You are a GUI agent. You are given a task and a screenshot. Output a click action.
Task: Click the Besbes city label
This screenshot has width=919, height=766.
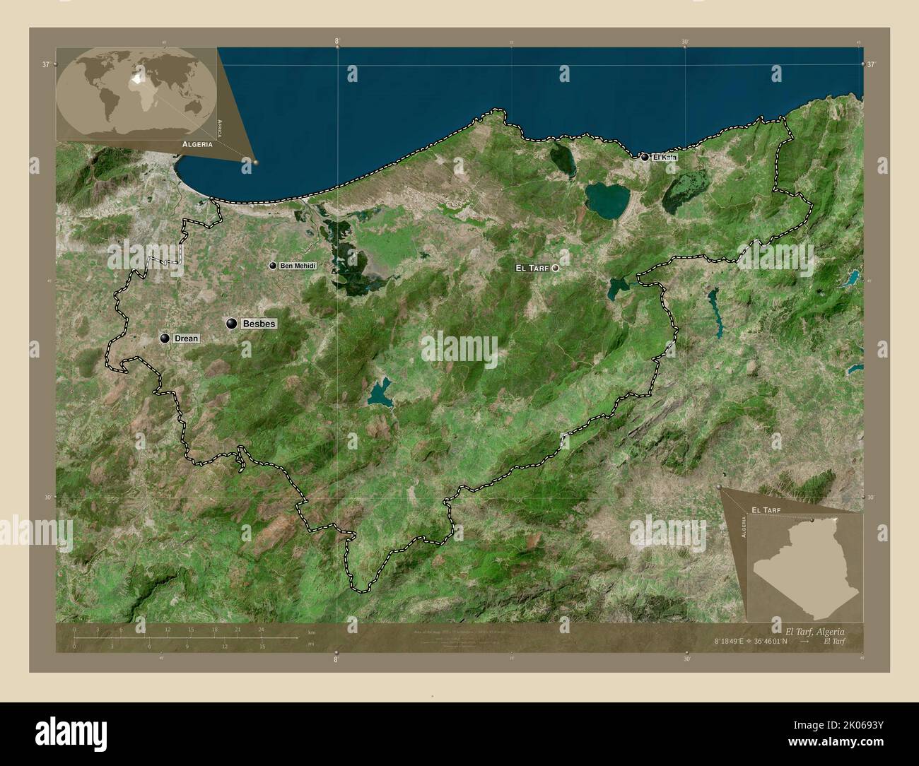point(259,324)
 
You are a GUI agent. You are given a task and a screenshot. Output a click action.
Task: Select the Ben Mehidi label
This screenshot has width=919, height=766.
point(297,266)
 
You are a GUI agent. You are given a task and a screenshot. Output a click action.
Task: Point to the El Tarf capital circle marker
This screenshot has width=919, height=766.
point(556,268)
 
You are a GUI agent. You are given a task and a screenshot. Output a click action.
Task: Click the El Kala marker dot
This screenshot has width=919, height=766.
point(645,157)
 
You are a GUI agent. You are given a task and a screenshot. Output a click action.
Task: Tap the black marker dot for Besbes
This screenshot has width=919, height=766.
point(231,324)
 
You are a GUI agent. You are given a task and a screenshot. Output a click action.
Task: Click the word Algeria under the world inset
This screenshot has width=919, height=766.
point(197,143)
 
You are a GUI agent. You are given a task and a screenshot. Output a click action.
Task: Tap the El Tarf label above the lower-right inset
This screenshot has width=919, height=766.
point(766,509)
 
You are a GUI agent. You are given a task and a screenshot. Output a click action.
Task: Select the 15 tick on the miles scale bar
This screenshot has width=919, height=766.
point(262,646)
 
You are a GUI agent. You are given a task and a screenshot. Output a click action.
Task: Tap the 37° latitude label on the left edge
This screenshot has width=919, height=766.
point(46,64)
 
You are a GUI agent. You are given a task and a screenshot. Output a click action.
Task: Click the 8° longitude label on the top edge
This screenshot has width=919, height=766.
point(337,41)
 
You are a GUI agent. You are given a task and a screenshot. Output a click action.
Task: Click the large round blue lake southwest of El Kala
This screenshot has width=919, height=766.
point(607,200)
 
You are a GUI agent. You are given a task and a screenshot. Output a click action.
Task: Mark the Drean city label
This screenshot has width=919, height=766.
point(187,339)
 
